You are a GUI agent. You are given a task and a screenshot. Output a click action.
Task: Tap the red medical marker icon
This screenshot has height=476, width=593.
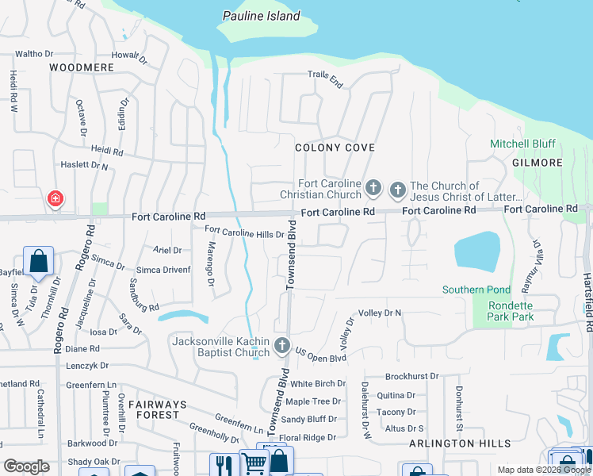[x=54, y=198]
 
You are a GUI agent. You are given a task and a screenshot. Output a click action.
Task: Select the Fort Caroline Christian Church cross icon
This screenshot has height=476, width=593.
[x=373, y=189]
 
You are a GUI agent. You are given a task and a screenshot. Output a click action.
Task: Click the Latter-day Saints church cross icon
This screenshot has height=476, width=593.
[x=397, y=190]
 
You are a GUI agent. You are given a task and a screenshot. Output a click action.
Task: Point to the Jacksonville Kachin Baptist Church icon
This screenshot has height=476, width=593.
[x=281, y=345]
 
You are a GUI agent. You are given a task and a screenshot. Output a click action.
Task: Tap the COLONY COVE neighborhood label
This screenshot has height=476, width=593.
[x=335, y=148]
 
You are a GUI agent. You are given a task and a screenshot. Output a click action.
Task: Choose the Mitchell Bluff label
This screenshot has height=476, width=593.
[x=522, y=144]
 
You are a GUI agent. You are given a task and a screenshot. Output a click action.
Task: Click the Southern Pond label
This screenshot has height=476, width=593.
[x=475, y=290]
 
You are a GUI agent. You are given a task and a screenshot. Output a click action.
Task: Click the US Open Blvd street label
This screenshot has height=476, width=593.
[x=321, y=350]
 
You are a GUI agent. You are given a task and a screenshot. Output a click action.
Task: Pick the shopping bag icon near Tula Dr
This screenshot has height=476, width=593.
[x=38, y=261]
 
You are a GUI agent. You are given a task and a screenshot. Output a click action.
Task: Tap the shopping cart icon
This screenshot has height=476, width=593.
[x=254, y=465]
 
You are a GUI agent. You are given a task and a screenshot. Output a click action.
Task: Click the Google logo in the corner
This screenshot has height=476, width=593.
[x=26, y=466]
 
